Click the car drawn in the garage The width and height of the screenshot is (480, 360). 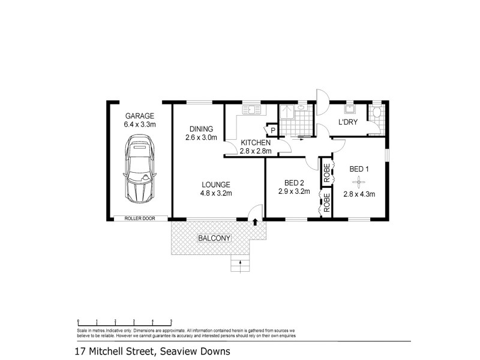pos(140,169)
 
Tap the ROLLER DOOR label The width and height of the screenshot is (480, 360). pos(139,218)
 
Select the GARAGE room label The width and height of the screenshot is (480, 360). pos(140,116)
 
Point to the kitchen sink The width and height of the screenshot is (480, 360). pos(250,109)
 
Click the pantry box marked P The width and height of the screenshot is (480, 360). pos(272,130)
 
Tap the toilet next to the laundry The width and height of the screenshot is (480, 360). pos(376,114)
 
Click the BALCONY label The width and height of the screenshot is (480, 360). pos(214,238)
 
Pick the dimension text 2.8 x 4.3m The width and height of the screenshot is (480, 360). pos(359,193)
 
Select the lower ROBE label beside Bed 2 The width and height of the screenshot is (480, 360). pos(327,203)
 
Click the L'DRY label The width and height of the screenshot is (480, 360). pos(348,122)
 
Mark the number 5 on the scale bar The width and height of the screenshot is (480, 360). pos(172,321)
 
